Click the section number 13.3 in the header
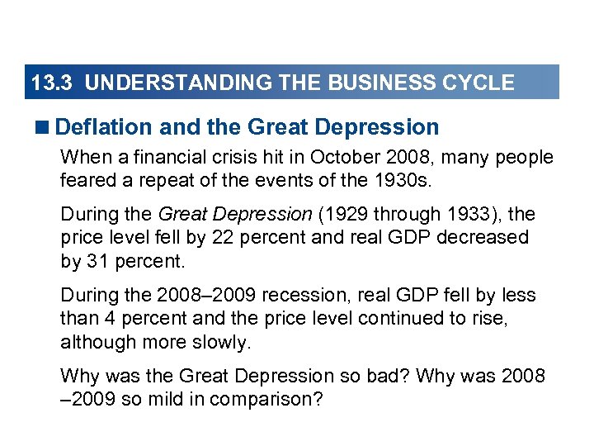[52, 83]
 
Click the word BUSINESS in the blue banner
[376, 83]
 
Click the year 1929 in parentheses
[343, 215]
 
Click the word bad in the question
[388, 376]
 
